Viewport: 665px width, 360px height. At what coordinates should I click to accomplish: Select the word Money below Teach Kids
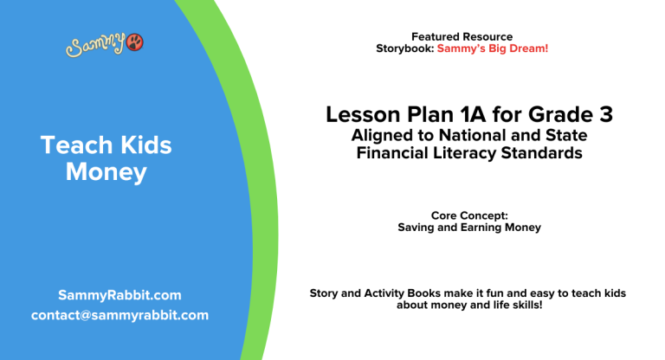point(107,172)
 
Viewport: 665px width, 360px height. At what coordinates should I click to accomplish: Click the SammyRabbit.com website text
point(119,295)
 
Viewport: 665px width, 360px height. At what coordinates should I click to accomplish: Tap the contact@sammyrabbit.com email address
point(119,315)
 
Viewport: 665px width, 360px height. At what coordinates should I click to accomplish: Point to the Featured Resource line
point(462,36)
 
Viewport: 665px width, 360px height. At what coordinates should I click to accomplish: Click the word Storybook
point(404,48)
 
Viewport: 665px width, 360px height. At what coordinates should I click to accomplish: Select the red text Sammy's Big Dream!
point(492,48)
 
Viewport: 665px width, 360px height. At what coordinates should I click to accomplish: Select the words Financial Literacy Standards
point(468,153)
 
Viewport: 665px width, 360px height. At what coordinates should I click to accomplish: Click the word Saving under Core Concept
point(416,228)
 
